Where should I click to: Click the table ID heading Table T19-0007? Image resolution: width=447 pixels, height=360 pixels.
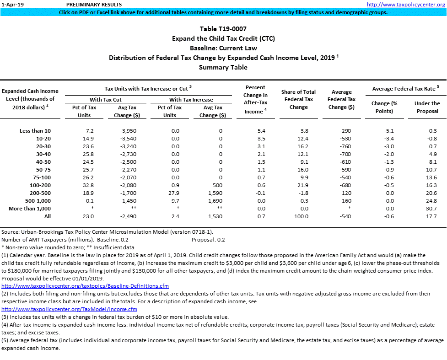pyautogui.click(x=223, y=29)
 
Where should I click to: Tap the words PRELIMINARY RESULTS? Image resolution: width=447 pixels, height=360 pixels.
pyautogui.click(x=94, y=4)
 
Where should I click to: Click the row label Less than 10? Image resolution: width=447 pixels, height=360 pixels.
pyautogui.click(x=35, y=131)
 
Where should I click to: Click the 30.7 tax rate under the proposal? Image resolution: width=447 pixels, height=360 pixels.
pyautogui.click(x=432, y=209)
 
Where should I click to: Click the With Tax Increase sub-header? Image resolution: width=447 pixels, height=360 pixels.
pyautogui.click(x=191, y=100)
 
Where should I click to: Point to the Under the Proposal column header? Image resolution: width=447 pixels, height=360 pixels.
pyautogui.click(x=427, y=107)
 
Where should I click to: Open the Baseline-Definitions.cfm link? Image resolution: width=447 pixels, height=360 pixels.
pyautogui.click(x=85, y=286)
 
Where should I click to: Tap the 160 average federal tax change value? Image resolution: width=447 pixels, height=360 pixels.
pyautogui.click(x=345, y=201)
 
